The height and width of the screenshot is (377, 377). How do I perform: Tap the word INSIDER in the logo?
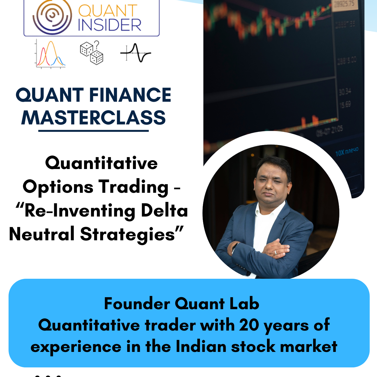pyautogui.click(x=109, y=25)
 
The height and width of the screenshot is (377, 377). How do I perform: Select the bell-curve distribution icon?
pyautogui.click(x=50, y=54)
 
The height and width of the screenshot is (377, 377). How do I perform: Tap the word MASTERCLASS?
pyautogui.click(x=93, y=118)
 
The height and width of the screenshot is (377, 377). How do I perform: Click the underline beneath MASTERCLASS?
pyautogui.click(x=93, y=131)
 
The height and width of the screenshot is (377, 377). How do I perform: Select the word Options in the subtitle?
pyautogui.click(x=58, y=187)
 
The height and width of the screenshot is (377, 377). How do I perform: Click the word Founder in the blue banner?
pyautogui.click(x=137, y=304)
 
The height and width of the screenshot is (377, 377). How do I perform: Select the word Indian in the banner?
pyautogui.click(x=201, y=347)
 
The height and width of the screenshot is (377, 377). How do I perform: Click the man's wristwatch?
pyautogui.click(x=235, y=247)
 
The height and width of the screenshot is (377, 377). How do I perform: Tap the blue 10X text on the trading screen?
pyautogui.click(x=340, y=153)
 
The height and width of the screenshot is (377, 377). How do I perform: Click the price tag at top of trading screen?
pyautogui.click(x=345, y=4)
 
